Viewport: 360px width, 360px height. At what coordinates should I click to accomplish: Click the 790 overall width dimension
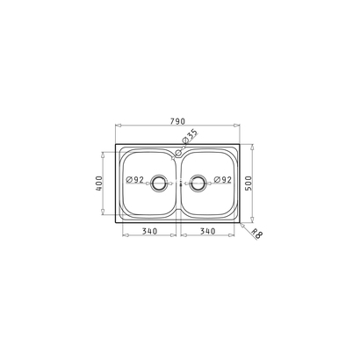click(177, 121)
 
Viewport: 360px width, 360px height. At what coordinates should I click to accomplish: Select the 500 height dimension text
click(248, 184)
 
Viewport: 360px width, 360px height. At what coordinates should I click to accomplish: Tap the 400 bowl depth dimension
click(99, 184)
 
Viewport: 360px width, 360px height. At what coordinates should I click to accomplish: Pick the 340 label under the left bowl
click(149, 231)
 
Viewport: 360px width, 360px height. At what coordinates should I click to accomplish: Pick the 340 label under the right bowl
click(208, 231)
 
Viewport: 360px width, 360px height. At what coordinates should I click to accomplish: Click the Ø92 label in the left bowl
click(134, 180)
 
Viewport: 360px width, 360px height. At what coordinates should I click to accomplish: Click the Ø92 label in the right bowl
click(222, 180)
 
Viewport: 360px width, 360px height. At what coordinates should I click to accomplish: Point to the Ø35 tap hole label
click(190, 136)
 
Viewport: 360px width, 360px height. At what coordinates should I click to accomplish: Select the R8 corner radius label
click(257, 234)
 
